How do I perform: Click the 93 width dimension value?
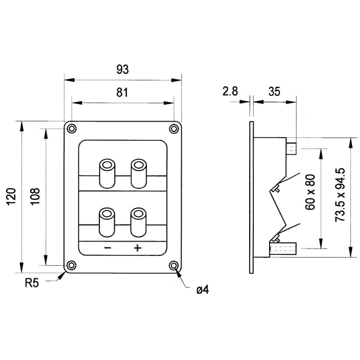tap(122, 69)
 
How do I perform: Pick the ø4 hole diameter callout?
tap(202, 290)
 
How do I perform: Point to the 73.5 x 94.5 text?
tap(341, 195)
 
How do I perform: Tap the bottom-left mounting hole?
tap(71, 265)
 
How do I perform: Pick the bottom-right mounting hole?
tap(173, 265)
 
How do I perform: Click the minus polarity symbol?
tap(107, 248)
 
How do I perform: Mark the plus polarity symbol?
tap(138, 248)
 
